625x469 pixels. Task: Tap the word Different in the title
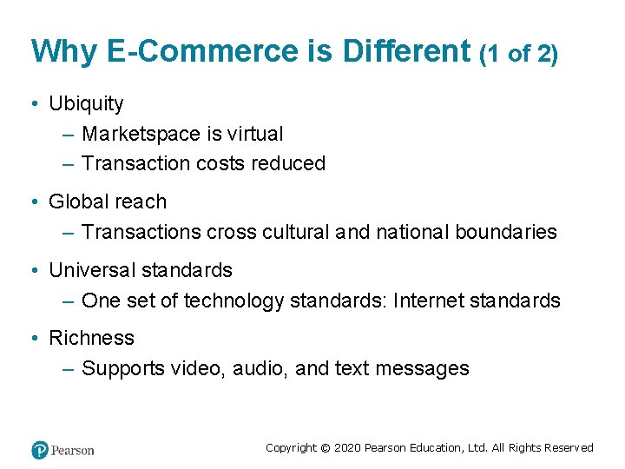click(406, 51)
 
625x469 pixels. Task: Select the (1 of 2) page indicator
click(518, 54)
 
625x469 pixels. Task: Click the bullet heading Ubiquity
click(86, 104)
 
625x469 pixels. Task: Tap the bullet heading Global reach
click(107, 202)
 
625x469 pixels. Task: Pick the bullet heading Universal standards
click(141, 271)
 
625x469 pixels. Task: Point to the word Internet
click(428, 301)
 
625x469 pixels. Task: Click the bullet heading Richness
click(91, 339)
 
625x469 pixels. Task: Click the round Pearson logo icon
click(40, 450)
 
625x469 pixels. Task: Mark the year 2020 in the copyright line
click(347, 448)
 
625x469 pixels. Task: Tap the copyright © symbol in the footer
click(325, 448)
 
